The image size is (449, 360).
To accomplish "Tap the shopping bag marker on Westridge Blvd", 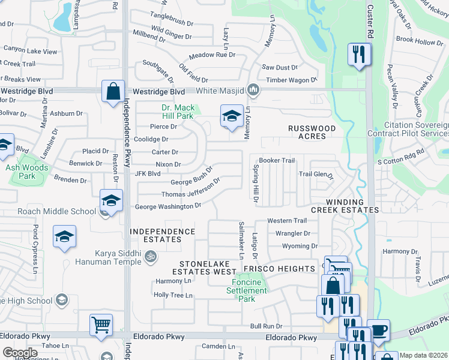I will [x=113, y=92].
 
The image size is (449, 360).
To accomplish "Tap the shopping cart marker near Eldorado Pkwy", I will [x=101, y=325].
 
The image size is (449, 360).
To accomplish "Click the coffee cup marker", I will [x=378, y=330].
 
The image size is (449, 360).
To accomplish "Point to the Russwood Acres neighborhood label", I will [x=315, y=132].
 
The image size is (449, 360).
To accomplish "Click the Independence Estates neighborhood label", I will [x=163, y=235].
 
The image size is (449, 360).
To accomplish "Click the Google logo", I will [x=20, y=352].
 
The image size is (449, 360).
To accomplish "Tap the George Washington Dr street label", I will [x=167, y=206].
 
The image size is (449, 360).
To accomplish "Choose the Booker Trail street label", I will [x=277, y=160].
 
